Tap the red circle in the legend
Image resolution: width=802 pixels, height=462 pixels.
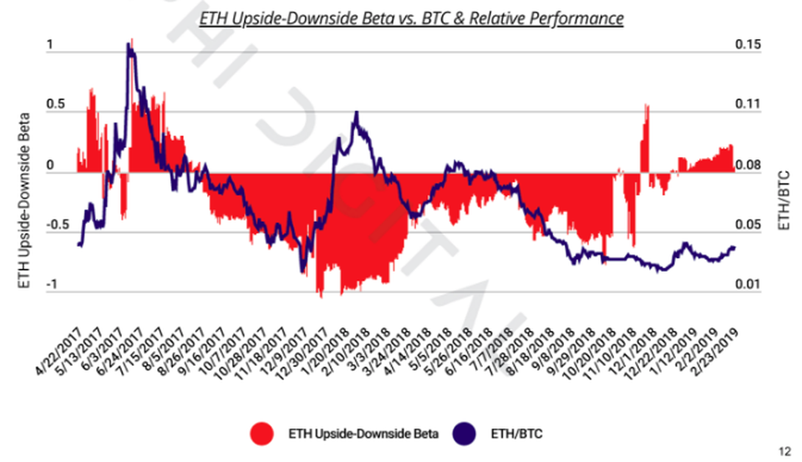[262, 433]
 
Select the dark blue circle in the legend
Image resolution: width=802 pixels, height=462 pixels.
[465, 433]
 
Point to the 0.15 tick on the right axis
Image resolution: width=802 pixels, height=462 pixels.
[748, 45]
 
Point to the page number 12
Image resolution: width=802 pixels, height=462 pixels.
[784, 452]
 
